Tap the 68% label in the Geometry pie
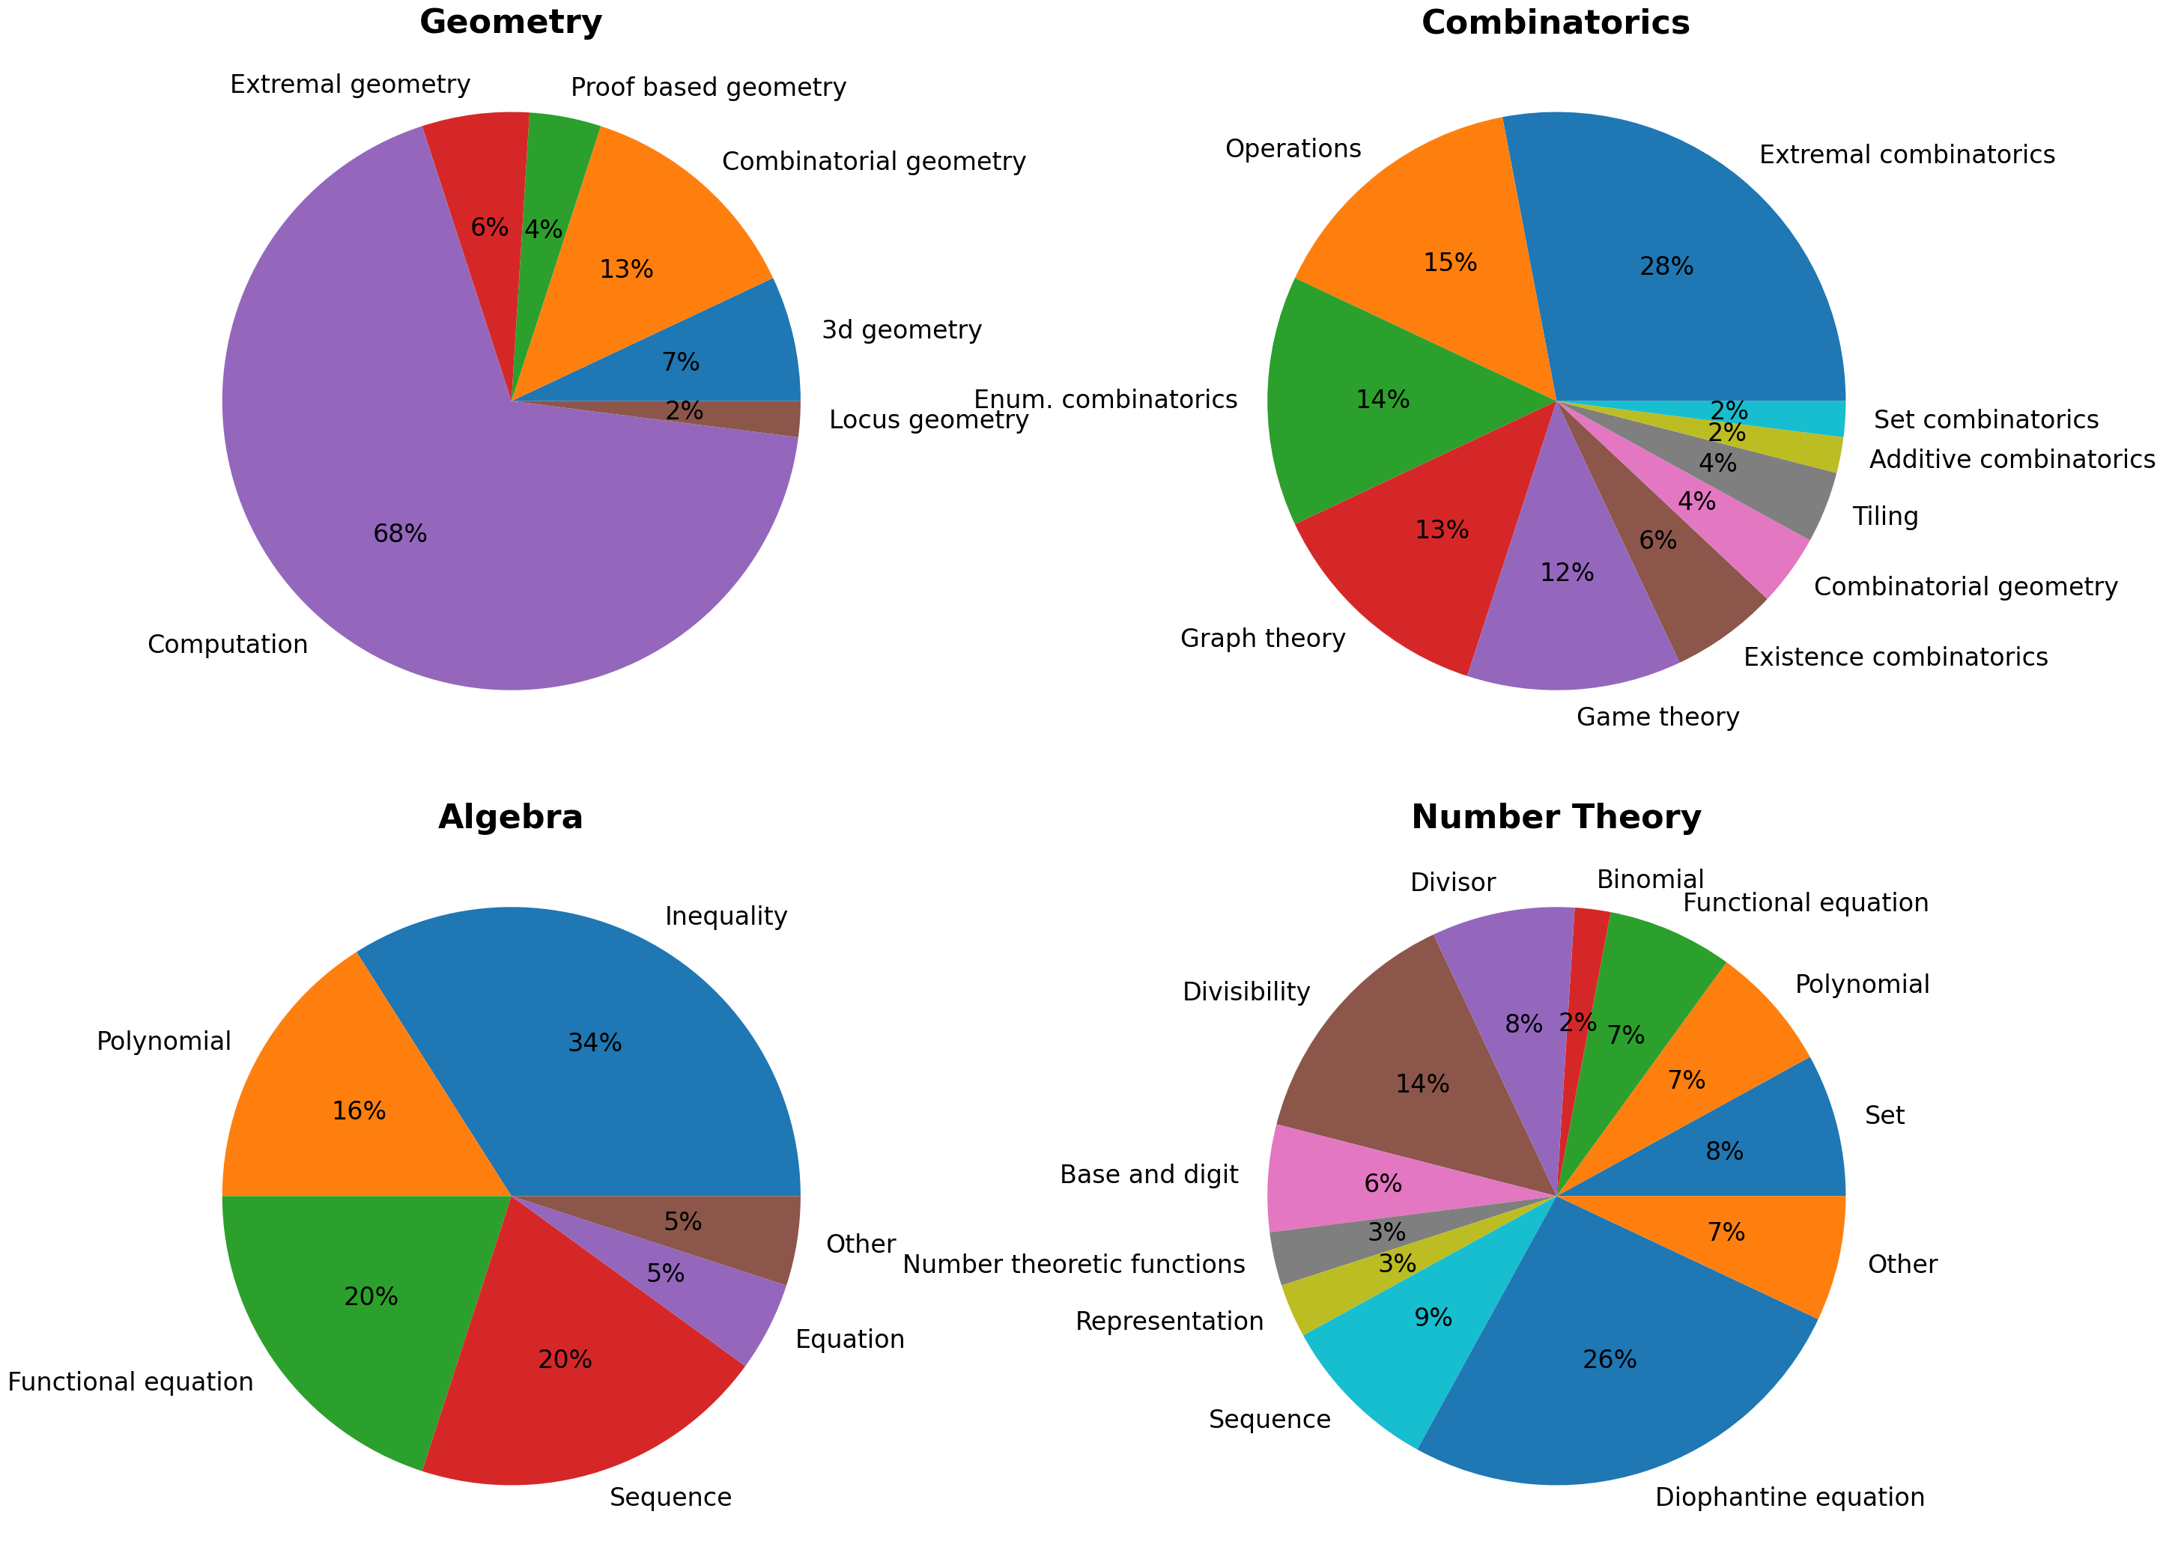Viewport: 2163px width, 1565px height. pyautogui.click(x=400, y=534)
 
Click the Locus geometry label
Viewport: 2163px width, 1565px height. pyautogui.click(x=928, y=419)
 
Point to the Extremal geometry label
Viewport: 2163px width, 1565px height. pyautogui.click(x=350, y=85)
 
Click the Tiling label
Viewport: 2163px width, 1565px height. pyautogui.click(x=1884, y=517)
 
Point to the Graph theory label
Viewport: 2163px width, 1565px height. pyautogui.click(x=1262, y=638)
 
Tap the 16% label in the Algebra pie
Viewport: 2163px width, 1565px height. pyautogui.click(x=359, y=1111)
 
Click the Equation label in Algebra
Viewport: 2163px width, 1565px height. pyautogui.click(x=849, y=1340)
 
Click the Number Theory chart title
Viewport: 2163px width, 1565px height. pyautogui.click(x=1556, y=817)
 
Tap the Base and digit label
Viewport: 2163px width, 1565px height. pyautogui.click(x=1148, y=1175)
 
